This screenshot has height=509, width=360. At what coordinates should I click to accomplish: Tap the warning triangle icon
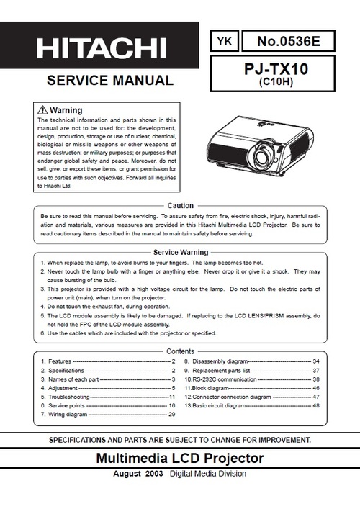tap(42, 109)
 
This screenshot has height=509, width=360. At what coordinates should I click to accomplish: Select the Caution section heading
tap(180, 206)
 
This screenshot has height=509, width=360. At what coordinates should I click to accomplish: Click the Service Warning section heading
tap(180, 252)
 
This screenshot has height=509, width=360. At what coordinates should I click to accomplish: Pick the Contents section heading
tap(180, 351)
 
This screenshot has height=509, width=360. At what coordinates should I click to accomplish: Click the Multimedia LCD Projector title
tap(179, 459)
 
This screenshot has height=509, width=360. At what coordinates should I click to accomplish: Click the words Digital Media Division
tap(208, 474)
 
